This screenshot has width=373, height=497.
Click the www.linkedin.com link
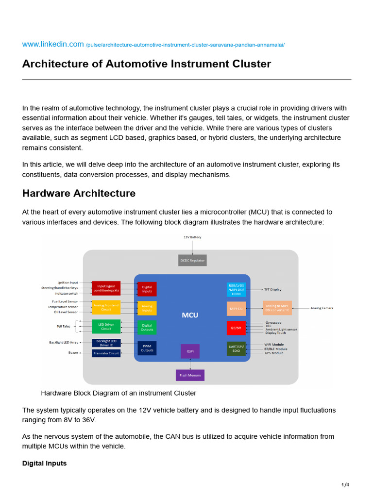point(53,44)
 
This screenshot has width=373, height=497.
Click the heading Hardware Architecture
point(79,193)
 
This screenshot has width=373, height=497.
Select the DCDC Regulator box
point(192,261)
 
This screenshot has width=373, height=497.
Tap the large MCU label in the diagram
point(190,315)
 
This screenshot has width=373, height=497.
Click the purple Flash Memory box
point(190,375)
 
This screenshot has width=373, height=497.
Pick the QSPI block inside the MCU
point(190,351)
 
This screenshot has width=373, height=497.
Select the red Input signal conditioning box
point(106,288)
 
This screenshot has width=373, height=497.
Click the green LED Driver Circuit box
point(106,326)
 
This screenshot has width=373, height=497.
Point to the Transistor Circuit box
point(106,353)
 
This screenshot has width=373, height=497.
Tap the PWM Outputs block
point(147,348)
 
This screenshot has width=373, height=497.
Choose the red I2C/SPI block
point(236,328)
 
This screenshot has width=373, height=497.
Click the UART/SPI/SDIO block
point(236,348)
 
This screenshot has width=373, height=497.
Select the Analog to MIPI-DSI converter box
point(277,308)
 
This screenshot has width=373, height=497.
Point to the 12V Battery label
point(192,237)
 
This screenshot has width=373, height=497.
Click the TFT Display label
point(272,290)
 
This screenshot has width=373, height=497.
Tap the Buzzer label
point(73,353)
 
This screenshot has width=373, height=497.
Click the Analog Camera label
point(322,308)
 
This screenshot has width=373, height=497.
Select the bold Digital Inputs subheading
point(44,464)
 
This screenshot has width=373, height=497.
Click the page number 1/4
point(345,485)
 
